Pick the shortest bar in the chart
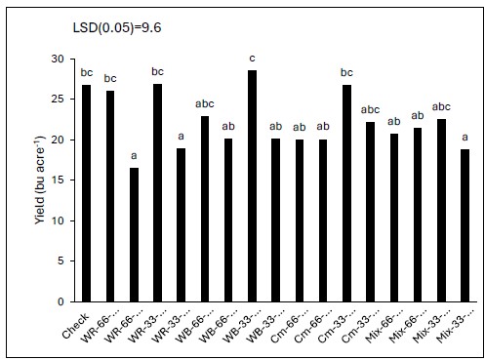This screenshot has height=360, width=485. (133, 234)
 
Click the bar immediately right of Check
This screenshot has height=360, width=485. (109, 195)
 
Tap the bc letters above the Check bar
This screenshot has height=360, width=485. (86, 73)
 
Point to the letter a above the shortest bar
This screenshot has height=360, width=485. (133, 156)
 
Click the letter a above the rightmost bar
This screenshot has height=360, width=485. (464, 138)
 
